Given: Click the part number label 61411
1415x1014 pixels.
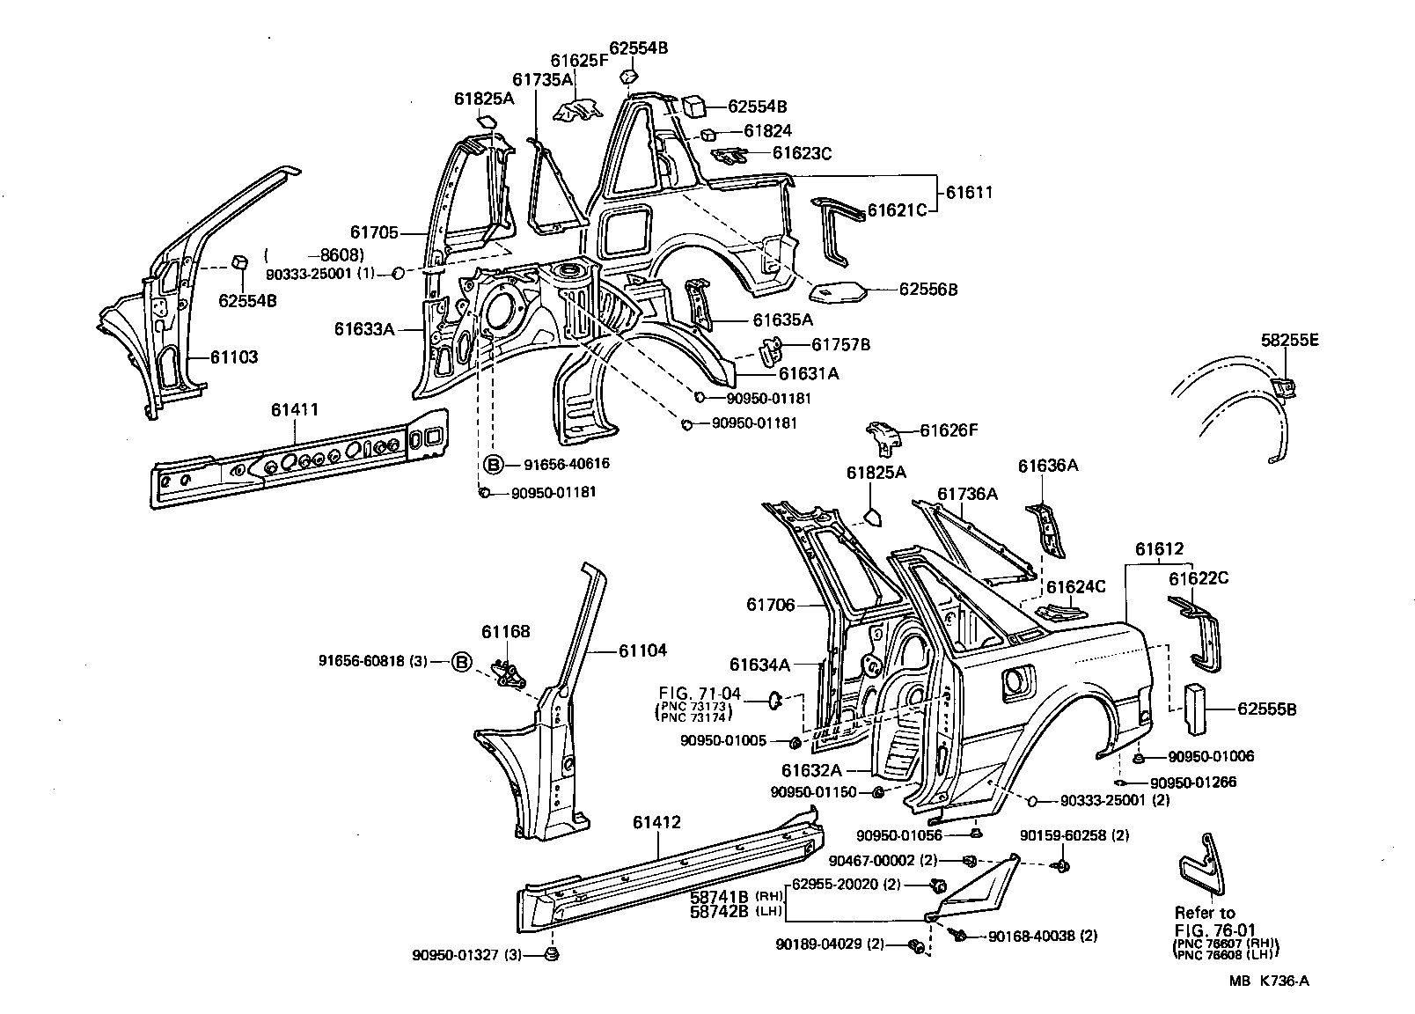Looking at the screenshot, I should (x=294, y=409).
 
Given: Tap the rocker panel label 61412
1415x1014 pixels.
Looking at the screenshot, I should (x=656, y=823).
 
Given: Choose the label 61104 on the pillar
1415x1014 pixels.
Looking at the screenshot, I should (x=642, y=650).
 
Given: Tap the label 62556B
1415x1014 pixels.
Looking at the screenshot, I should (x=928, y=289).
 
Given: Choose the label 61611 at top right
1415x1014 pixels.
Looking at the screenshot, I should (x=969, y=192).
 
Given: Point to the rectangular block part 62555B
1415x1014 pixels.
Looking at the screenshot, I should (x=1195, y=708).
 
